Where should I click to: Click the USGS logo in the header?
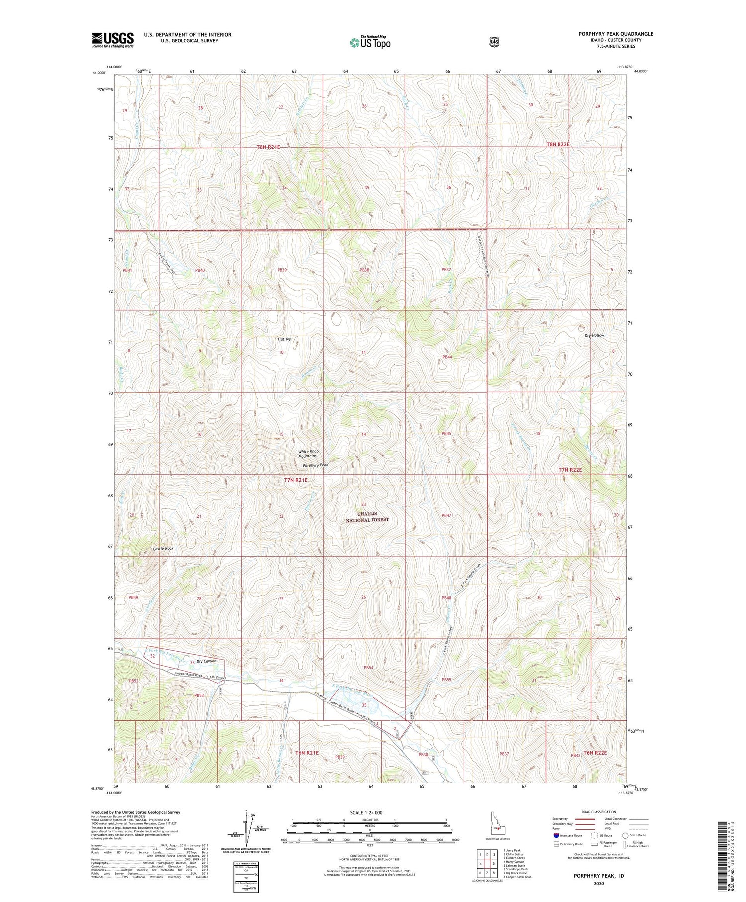(x=112, y=40)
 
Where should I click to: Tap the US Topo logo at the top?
(x=370, y=42)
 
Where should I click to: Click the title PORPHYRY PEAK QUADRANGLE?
(x=616, y=34)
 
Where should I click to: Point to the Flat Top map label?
(x=284, y=339)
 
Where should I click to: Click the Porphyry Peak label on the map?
(x=316, y=465)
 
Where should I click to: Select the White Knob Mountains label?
(x=308, y=454)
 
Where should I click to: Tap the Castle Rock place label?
(x=163, y=548)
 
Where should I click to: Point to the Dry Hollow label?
(x=594, y=335)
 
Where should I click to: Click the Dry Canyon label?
(x=206, y=661)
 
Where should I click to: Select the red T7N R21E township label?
(x=296, y=480)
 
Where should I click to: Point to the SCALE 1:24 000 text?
(x=366, y=812)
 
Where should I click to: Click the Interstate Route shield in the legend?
(x=556, y=835)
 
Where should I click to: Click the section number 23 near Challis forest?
(x=364, y=504)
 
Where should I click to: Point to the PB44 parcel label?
(x=447, y=357)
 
